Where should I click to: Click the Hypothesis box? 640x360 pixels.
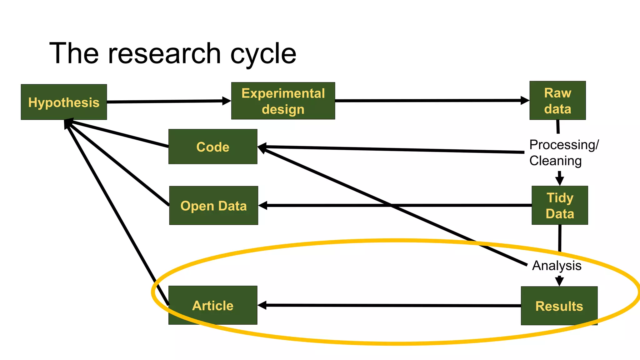click(x=64, y=102)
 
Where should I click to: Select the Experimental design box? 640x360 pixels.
click(x=283, y=101)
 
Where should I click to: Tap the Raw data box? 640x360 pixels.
click(x=557, y=101)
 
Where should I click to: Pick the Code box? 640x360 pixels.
click(x=213, y=147)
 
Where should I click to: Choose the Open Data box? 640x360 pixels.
click(x=213, y=206)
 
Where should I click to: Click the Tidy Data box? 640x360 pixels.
click(x=560, y=205)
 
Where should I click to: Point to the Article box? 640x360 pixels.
click(x=213, y=305)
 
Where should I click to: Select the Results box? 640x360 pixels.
click(x=559, y=306)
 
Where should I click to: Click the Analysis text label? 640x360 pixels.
click(x=557, y=266)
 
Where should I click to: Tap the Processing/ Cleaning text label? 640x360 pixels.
click(x=563, y=153)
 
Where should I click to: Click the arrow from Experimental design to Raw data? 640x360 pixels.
click(x=431, y=101)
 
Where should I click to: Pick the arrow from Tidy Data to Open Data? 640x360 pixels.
click(x=394, y=205)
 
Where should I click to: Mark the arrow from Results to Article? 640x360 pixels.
click(x=387, y=305)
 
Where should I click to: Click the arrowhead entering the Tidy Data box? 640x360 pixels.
click(x=560, y=181)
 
